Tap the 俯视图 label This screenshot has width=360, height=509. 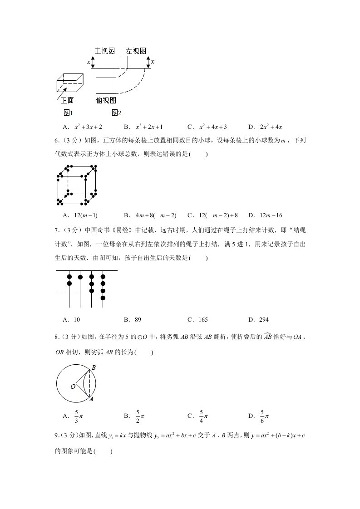[106, 100]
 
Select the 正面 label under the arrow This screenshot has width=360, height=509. [67, 100]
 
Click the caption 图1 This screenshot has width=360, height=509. [68, 113]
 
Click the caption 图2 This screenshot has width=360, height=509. [116, 113]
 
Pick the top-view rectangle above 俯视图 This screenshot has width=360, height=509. [106, 85]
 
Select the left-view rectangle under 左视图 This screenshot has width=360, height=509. [136, 62]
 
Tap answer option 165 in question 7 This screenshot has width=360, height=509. [202, 320]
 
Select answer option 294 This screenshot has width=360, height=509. [263, 320]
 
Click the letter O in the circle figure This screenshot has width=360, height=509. [73, 387]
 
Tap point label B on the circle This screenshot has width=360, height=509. [93, 367]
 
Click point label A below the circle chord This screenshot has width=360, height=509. [91, 400]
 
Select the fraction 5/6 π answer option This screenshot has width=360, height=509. [263, 416]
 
